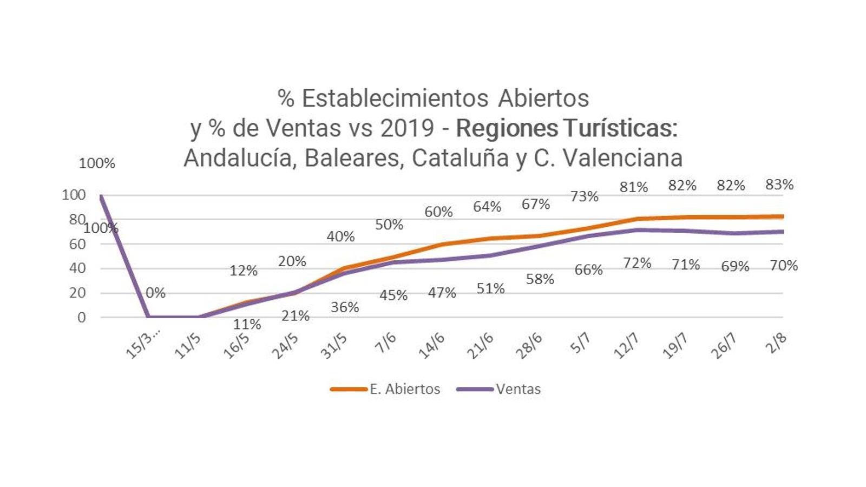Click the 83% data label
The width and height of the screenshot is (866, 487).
779,185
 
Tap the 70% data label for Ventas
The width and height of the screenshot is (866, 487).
784,265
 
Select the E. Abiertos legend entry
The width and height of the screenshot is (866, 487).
385,389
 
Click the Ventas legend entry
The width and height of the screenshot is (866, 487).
498,389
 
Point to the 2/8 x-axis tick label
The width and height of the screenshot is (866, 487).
776,343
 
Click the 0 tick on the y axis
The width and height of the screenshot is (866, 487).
81,318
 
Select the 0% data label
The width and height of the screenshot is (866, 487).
155,293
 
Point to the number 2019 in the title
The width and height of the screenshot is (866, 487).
407,128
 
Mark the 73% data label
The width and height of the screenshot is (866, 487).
585,196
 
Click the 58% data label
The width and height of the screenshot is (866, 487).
540,279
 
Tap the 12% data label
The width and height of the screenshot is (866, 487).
244,271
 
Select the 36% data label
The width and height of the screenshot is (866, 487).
345,307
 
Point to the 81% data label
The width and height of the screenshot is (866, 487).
634,187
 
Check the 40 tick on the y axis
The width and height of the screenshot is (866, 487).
77,268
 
